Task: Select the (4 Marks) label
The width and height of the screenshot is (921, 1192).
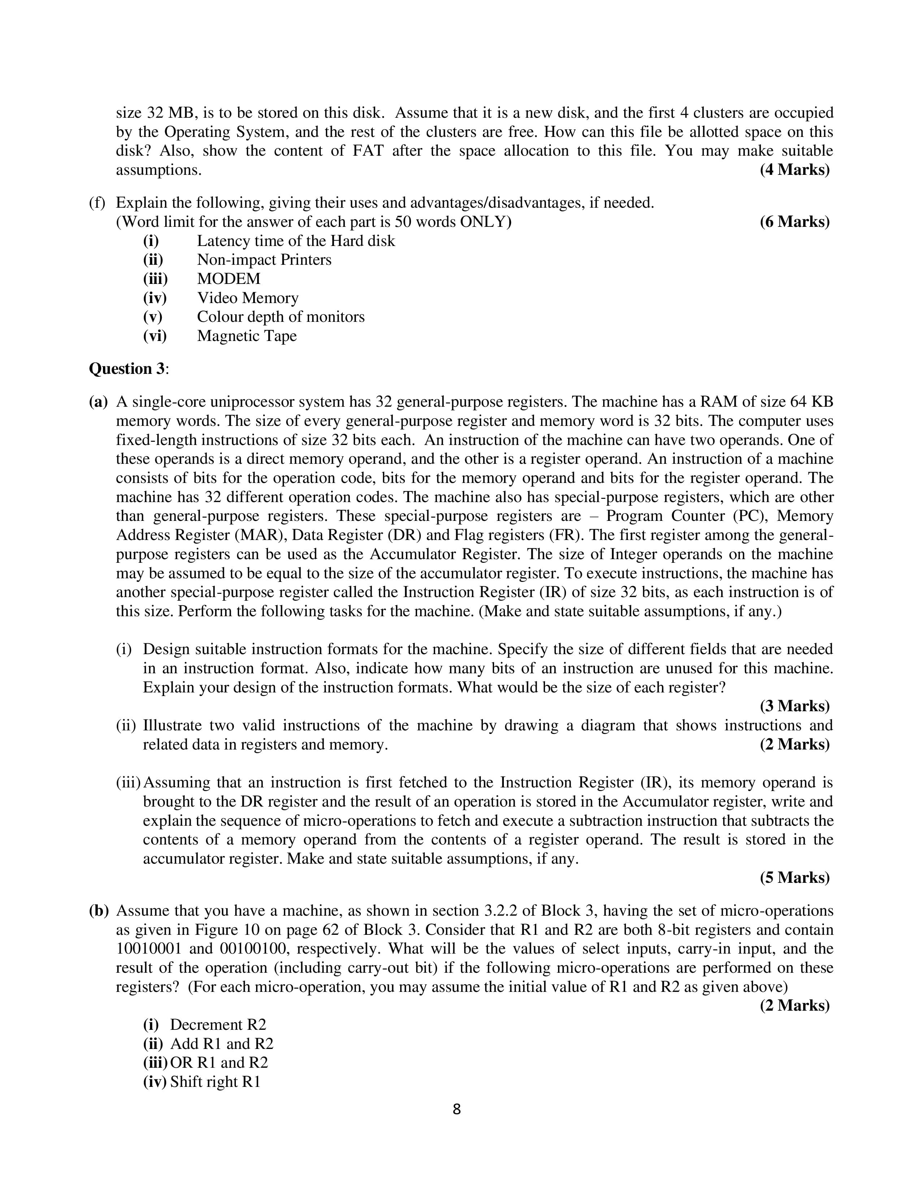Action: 795,170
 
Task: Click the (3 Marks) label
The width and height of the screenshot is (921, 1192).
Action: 795,706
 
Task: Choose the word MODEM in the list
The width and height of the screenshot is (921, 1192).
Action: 229,278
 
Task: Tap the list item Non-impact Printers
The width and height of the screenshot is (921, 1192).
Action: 264,259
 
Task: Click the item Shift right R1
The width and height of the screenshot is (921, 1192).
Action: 215,1082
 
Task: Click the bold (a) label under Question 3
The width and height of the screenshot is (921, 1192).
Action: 98,402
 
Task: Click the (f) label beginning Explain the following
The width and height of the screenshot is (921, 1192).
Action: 96,203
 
